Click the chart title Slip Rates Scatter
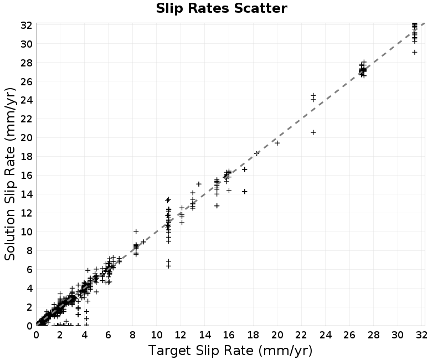pos(221,8)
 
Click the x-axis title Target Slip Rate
pos(230,351)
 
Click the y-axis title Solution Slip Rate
pos(10,174)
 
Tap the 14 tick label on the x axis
pos(205,335)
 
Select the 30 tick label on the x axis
pos(398,335)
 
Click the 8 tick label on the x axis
pos(132,335)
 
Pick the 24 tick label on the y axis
pos(26,100)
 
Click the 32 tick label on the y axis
pos(26,25)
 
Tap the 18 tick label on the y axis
pos(26,157)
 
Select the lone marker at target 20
pos(277,143)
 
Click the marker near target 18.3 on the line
pos(257,153)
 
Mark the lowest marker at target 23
pos(313,132)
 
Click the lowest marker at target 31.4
pos(414,52)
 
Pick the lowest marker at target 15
pos(217,205)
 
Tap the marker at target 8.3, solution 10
pos(136,232)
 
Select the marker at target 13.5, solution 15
pos(199,184)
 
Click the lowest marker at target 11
pos(169,266)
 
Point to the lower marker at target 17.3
pos(245,191)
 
